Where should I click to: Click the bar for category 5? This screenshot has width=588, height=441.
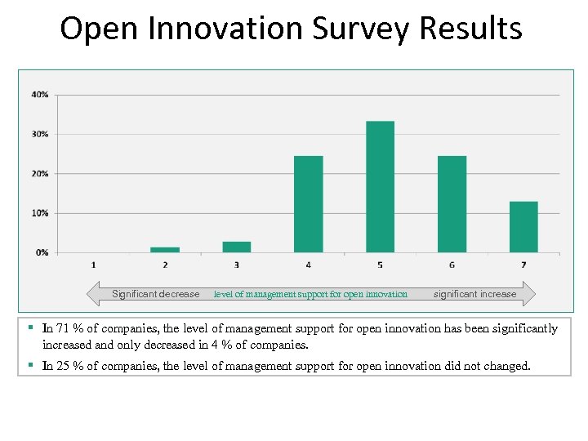pos(380,187)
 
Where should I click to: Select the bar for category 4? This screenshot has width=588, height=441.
pos(308,204)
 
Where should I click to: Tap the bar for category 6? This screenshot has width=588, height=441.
pos(452,204)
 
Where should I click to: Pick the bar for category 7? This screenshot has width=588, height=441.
pos(523,227)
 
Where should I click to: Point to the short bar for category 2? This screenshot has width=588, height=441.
pos(165,250)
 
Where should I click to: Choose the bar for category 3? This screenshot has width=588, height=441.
pos(237,247)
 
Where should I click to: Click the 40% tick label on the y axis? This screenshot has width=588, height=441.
pos(40,95)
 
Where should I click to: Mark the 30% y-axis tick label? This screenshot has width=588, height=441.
pos(40,134)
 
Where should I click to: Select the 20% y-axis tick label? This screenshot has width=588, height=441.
pos(40,174)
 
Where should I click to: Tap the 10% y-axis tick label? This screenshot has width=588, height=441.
pos(40,213)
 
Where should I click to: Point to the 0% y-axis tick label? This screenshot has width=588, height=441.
pos(42,252)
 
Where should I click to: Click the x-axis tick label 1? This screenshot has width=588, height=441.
pos(93,265)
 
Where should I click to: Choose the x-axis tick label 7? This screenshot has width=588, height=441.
pos(523,265)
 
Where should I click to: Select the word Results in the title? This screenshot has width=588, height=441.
pos(470,29)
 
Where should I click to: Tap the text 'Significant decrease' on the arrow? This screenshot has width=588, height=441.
pos(155,294)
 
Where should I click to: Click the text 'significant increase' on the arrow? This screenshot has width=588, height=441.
pos(474,294)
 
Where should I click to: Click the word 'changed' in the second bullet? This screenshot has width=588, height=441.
pos(505,366)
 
